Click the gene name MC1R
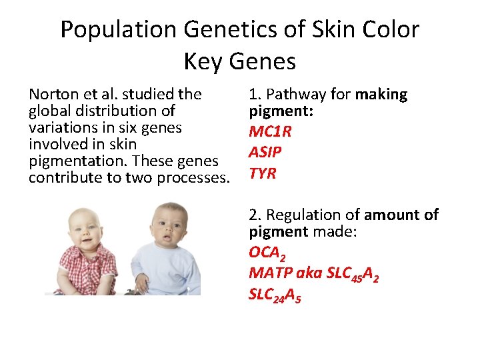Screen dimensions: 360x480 [270, 131]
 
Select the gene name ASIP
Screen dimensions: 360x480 [265, 153]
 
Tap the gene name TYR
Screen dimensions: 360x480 [263, 174]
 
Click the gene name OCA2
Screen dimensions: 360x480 [267, 253]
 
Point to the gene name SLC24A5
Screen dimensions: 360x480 [275, 295]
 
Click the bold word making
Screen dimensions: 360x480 [381, 95]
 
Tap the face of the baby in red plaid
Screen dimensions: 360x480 [87, 229]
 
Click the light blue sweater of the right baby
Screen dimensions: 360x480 [170, 273]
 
